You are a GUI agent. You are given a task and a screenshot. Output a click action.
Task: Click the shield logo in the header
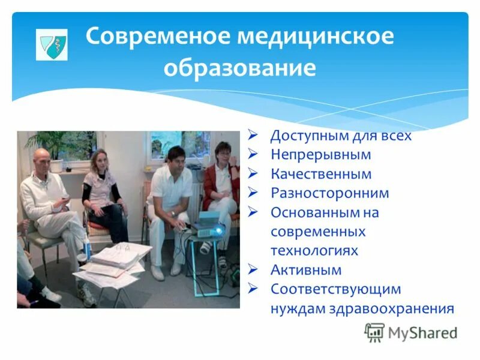click(51, 44)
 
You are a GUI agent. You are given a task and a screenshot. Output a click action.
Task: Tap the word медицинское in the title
click(316, 37)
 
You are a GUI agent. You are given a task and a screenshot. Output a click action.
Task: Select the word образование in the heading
click(239, 67)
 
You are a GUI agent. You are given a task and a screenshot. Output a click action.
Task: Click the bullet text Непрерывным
click(320, 155)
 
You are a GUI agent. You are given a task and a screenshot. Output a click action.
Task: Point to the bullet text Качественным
click(320, 174)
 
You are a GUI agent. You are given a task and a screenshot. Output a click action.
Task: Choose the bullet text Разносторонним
click(329, 193)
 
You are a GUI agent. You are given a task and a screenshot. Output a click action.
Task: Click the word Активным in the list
click(306, 269)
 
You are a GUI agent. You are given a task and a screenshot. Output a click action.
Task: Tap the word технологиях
click(314, 250)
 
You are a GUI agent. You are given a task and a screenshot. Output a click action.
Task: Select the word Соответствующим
click(335, 289)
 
